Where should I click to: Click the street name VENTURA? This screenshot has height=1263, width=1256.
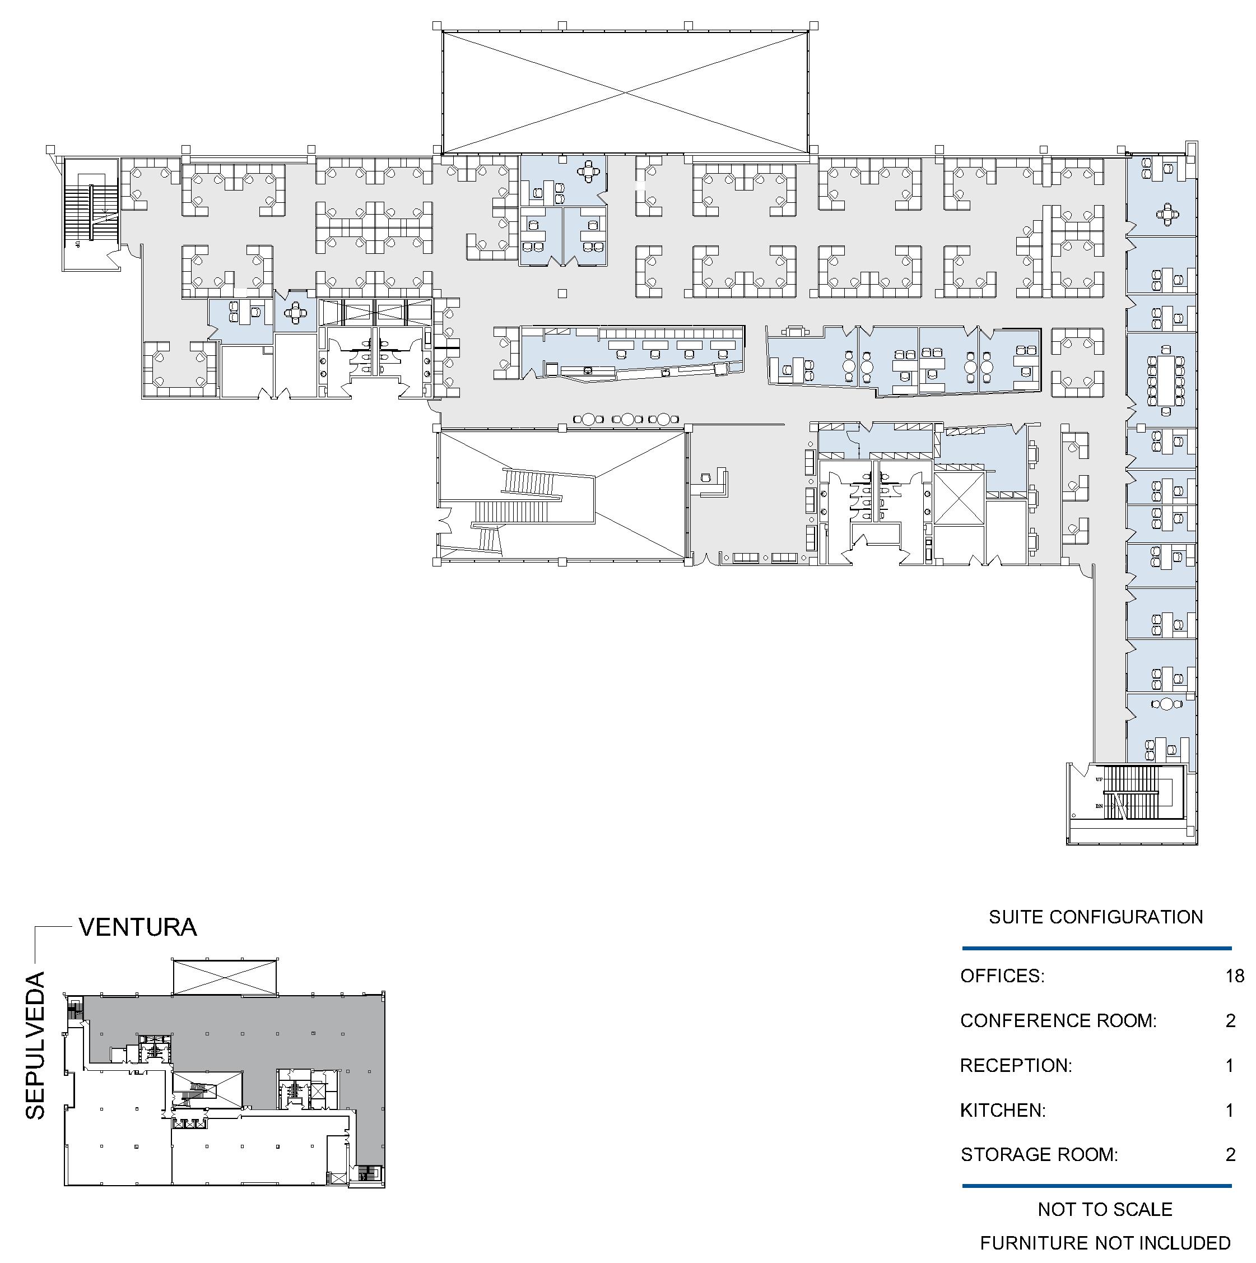pyautogui.click(x=138, y=928)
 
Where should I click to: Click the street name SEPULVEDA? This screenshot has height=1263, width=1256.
pyautogui.click(x=35, y=1047)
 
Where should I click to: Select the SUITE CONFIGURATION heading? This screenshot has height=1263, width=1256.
pyautogui.click(x=1096, y=917)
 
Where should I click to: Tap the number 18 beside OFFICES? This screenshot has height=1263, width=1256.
pyautogui.click(x=1235, y=977)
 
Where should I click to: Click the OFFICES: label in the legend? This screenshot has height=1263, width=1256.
pyautogui.click(x=1002, y=977)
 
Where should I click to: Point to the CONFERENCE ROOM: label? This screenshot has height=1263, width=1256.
pyautogui.click(x=1059, y=1021)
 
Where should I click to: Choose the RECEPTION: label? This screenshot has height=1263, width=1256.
pyautogui.click(x=1016, y=1066)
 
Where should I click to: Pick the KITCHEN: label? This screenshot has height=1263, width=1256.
pyautogui.click(x=1003, y=1111)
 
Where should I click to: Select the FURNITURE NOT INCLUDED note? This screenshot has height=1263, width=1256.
pyautogui.click(x=1106, y=1243)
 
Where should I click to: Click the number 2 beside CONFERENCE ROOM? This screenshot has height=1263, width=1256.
pyautogui.click(x=1231, y=1021)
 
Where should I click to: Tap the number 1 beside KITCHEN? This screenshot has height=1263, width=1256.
pyautogui.click(x=1230, y=1111)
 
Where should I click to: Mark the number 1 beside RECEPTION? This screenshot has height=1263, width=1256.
pyautogui.click(x=1230, y=1066)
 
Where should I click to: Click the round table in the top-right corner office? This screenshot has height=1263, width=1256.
pyautogui.click(x=1167, y=213)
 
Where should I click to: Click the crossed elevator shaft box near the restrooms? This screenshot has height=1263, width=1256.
pyautogui.click(x=959, y=499)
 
